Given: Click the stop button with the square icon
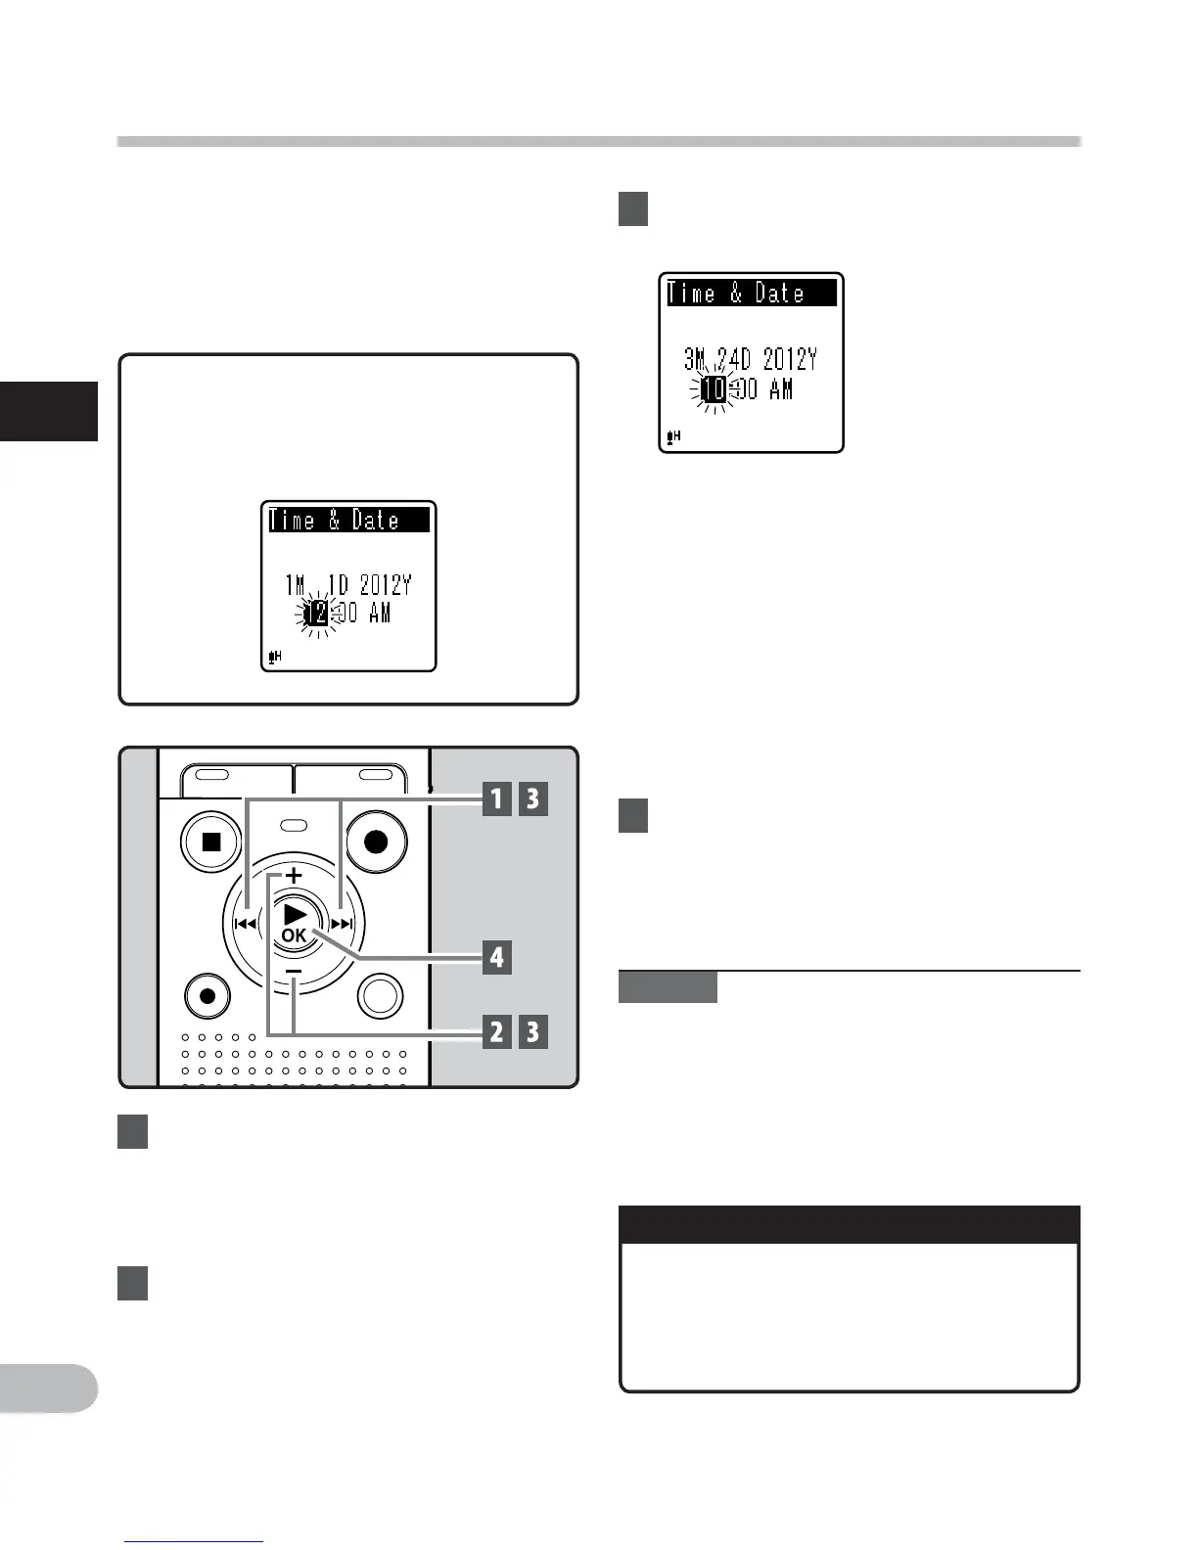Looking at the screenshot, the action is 211,841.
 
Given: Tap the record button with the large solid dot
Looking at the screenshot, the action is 376,841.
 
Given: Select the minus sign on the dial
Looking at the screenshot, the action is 294,970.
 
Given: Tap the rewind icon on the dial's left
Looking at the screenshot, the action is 245,923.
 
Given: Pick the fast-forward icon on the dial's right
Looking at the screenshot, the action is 342,923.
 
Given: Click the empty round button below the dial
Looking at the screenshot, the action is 380,996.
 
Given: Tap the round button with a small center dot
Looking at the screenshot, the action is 207,996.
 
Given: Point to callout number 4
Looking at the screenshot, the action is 497,956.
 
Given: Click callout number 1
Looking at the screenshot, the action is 497,799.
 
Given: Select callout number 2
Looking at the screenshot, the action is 497,1031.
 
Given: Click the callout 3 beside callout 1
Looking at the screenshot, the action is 532,799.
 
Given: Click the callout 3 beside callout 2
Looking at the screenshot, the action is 532,1031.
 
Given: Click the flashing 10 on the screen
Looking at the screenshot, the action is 715,389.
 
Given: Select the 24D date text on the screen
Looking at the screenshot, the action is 735,359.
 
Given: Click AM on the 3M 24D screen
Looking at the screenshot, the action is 781,389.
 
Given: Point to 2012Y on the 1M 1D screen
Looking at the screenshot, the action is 385,585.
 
